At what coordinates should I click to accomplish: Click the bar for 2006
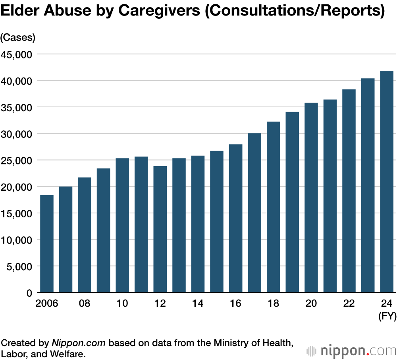(47, 244)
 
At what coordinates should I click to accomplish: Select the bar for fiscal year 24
(387, 182)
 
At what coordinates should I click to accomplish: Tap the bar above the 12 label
(160, 229)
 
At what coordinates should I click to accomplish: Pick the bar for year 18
(274, 207)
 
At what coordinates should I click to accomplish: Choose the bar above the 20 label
(311, 198)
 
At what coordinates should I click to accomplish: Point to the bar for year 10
(122, 225)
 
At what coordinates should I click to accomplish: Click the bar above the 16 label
(235, 219)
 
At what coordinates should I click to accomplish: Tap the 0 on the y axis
(29, 293)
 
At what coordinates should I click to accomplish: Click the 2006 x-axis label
(47, 304)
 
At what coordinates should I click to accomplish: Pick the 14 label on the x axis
(198, 304)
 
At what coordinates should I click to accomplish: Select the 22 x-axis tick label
(349, 304)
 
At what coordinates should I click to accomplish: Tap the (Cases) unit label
(18, 37)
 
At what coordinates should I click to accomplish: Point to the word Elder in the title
(19, 12)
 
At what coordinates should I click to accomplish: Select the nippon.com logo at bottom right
(352, 351)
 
